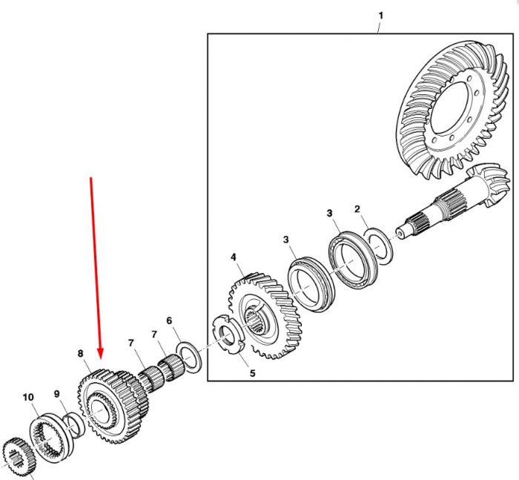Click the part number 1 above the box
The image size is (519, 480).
click(x=380, y=16)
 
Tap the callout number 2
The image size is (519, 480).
click(x=357, y=209)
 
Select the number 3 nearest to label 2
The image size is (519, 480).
click(x=329, y=213)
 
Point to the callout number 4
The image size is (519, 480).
click(x=234, y=257)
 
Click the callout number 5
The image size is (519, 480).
click(x=253, y=373)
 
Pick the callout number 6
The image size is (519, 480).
click(x=169, y=320)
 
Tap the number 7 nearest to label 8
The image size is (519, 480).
click(x=131, y=343)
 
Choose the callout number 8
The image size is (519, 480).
click(x=80, y=353)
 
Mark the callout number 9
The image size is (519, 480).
click(x=56, y=394)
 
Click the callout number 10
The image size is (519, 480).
click(x=28, y=397)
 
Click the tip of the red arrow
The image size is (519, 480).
click(x=101, y=358)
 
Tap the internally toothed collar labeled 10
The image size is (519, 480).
click(x=50, y=438)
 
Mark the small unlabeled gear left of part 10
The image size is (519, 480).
click(x=19, y=458)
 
